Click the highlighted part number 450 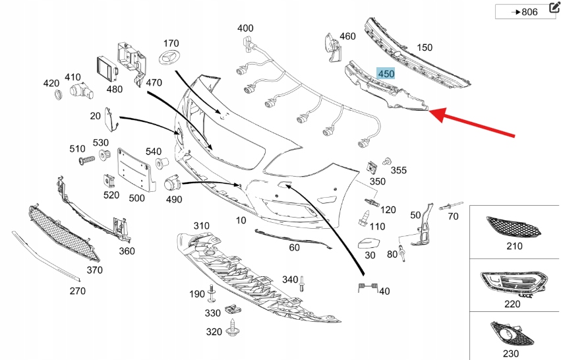click(386, 74)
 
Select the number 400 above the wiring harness click(245, 28)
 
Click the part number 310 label click(201, 225)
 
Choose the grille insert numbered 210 click(514, 227)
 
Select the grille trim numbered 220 click(512, 284)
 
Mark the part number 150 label click(425, 47)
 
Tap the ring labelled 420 click(58, 96)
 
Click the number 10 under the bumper click(241, 220)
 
